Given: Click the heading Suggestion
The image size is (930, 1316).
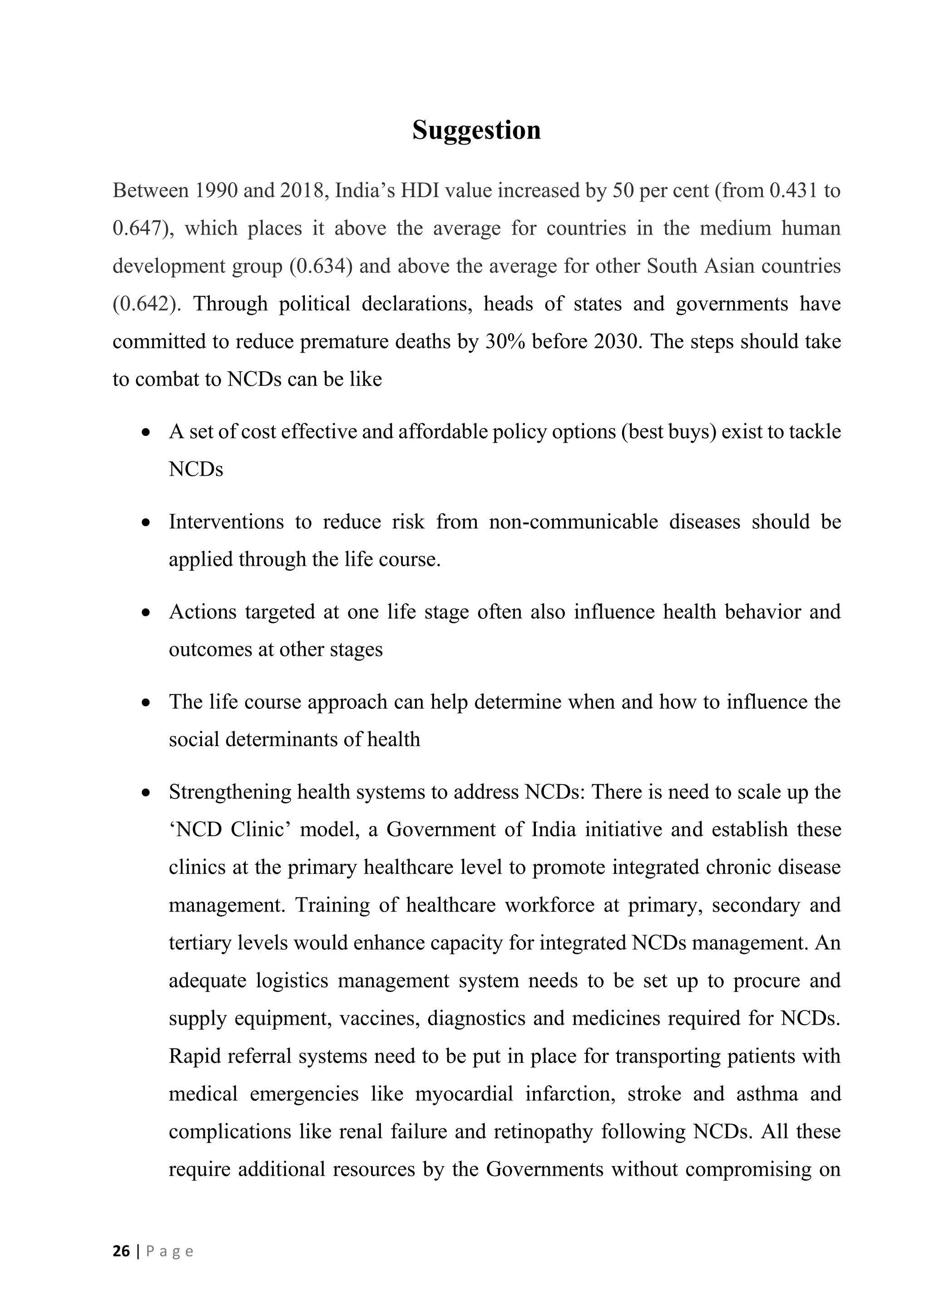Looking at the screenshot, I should [476, 130].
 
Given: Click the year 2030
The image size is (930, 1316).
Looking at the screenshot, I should [618, 342].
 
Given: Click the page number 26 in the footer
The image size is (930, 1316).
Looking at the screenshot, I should [121, 1251].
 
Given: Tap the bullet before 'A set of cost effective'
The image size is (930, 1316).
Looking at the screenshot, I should [147, 433].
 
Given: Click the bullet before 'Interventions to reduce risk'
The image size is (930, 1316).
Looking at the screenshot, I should [147, 523].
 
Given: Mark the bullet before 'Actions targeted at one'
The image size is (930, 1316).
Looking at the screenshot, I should [147, 613].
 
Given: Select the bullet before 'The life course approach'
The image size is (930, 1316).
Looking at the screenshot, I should [147, 703].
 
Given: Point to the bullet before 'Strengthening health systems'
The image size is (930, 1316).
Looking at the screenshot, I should [147, 793].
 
